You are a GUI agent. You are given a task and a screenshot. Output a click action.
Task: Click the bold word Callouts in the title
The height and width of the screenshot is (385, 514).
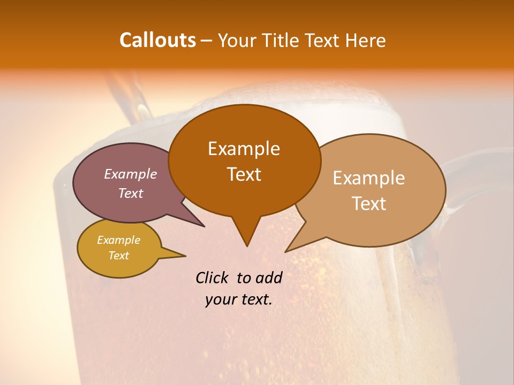point(157,40)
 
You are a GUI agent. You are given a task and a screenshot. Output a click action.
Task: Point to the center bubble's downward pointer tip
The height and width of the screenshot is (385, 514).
point(247,246)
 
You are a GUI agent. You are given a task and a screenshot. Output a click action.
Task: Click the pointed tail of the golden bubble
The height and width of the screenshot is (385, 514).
point(185,256)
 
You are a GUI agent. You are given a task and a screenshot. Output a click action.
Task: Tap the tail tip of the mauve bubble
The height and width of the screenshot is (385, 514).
point(205,227)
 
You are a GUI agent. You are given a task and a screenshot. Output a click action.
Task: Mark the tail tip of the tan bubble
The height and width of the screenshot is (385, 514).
point(286,251)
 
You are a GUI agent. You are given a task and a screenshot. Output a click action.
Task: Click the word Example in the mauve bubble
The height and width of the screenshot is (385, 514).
point(131,174)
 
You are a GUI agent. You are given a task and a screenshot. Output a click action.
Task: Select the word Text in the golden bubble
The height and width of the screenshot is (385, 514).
point(118,256)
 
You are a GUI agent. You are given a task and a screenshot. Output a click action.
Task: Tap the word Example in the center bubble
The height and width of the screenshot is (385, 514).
point(244,149)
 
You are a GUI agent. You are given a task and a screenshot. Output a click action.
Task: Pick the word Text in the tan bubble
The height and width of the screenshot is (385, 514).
point(369,203)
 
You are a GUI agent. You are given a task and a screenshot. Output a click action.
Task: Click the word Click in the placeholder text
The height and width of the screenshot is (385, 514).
point(212,278)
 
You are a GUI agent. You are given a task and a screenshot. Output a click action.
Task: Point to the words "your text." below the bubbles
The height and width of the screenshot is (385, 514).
point(239,299)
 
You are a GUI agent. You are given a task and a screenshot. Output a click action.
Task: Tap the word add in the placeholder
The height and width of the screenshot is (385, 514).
point(269,278)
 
